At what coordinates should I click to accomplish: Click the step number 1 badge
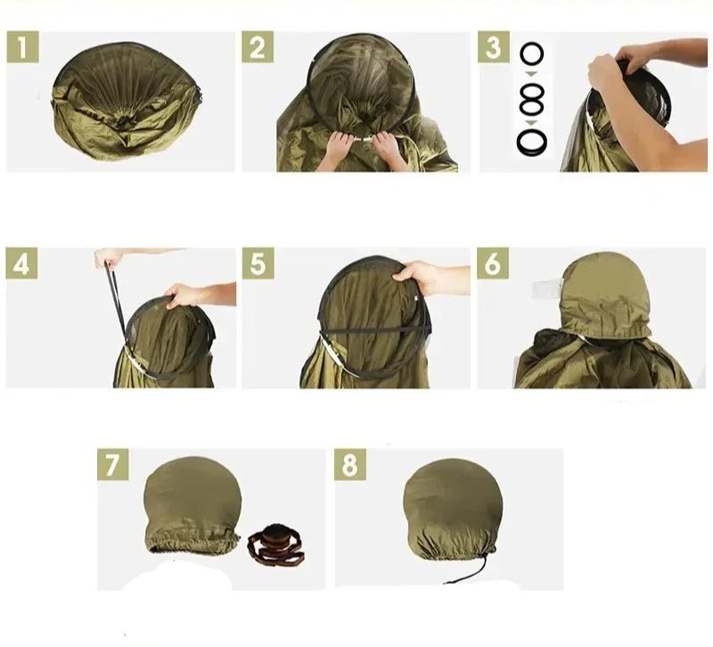point(23,47)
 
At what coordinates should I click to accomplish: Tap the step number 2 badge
point(258,47)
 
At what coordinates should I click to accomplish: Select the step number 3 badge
point(494,47)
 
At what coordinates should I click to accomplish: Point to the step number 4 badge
point(21,263)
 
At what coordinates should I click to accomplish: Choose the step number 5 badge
point(258,263)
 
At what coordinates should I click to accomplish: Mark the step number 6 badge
point(493,263)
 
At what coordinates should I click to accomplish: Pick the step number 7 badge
point(113,464)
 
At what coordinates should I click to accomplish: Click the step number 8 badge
point(350,464)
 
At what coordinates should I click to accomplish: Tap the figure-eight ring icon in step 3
point(531,98)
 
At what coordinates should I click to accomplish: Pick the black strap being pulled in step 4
point(117,304)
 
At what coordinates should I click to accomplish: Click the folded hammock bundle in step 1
point(126,102)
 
